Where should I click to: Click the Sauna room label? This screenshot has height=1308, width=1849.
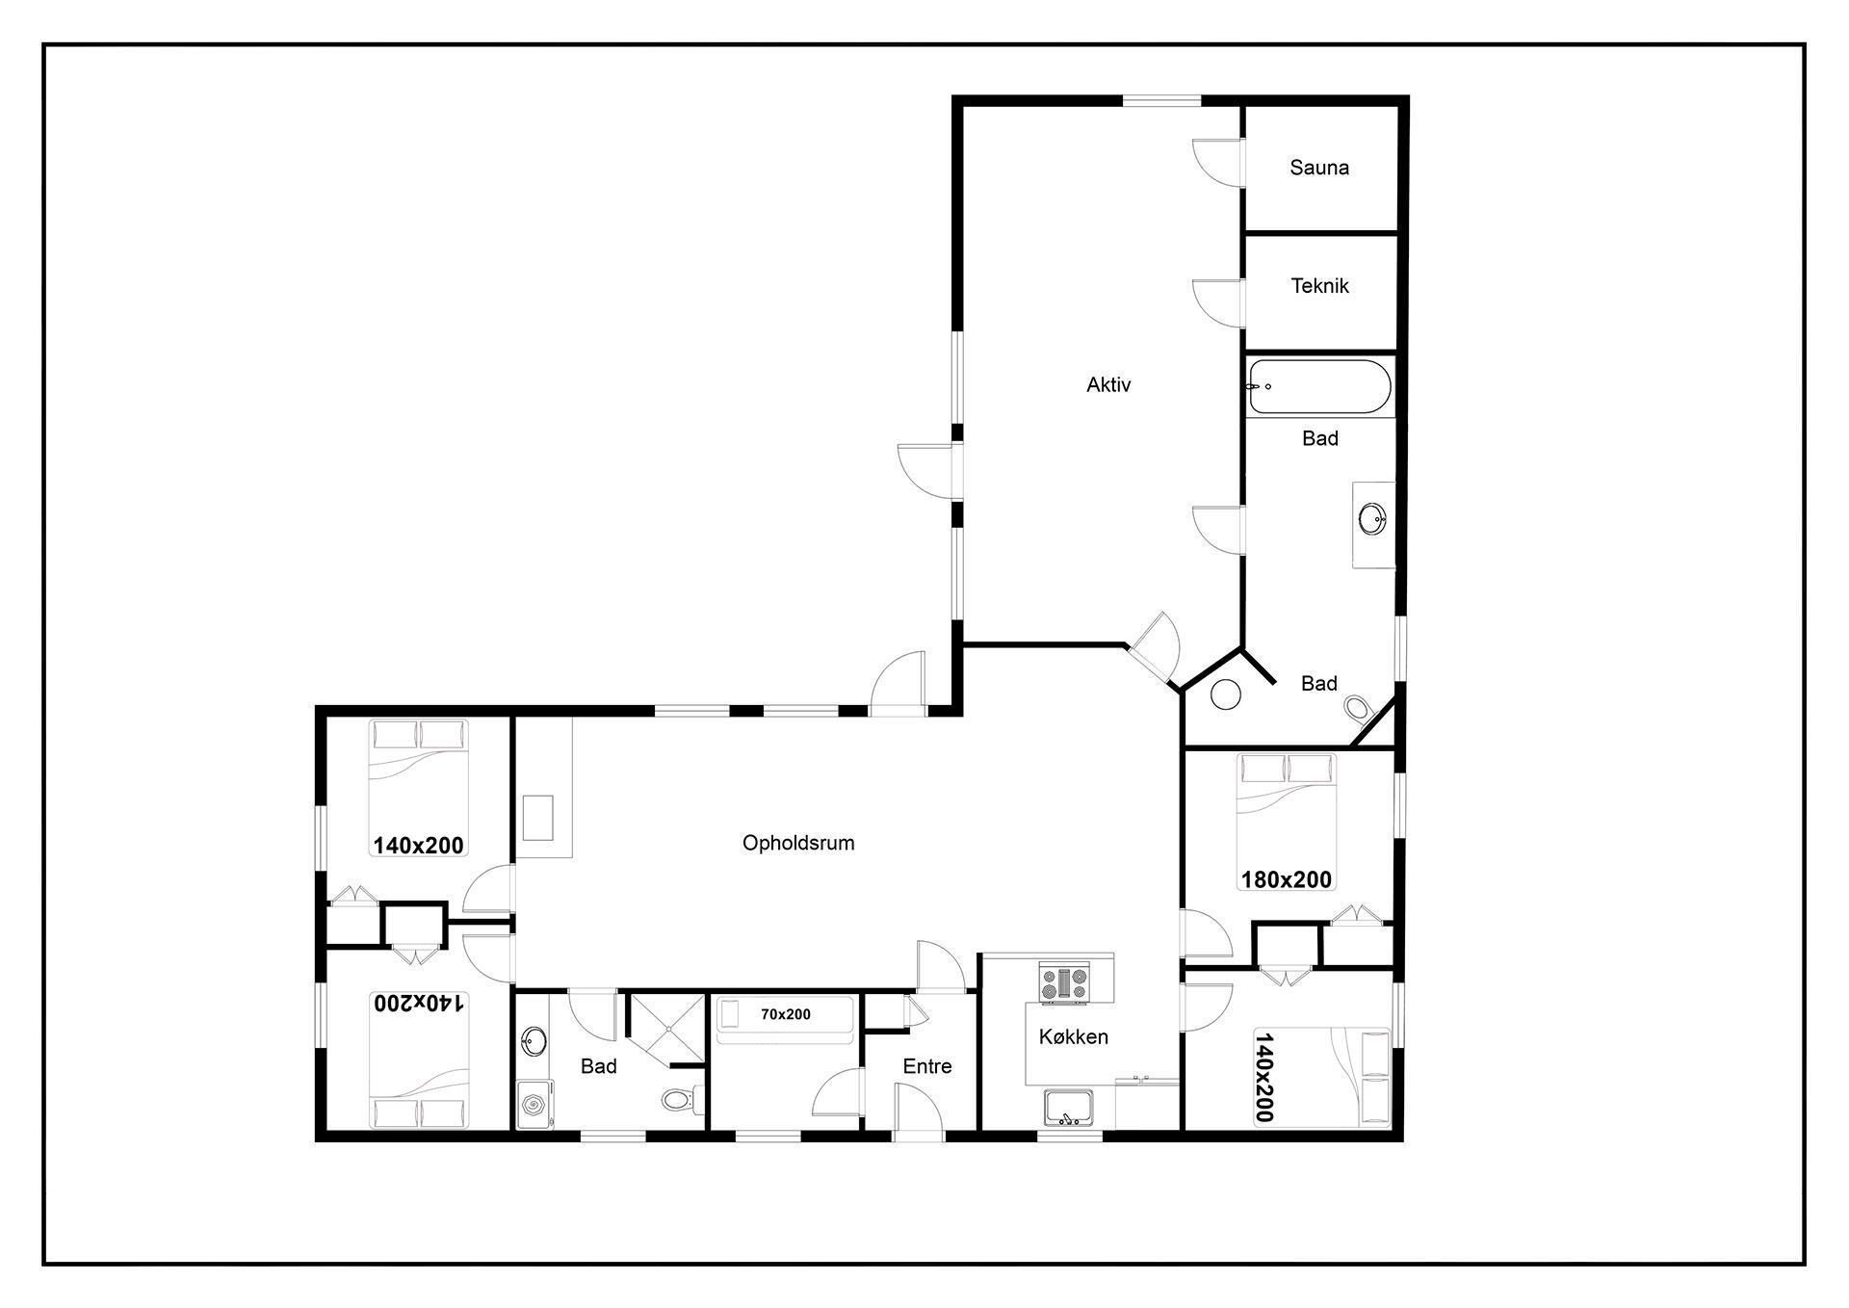[1319, 168]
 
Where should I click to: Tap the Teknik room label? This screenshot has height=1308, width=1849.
[1319, 286]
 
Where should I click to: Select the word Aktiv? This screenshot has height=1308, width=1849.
[1108, 385]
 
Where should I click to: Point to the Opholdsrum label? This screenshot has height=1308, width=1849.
[798, 844]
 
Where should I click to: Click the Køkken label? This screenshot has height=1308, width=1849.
[1073, 1037]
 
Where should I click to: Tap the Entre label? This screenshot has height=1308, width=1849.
[927, 1066]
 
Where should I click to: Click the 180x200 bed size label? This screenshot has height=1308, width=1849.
[1286, 879]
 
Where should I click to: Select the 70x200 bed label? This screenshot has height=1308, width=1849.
[786, 1014]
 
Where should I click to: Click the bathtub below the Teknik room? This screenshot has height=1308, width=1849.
[1319, 386]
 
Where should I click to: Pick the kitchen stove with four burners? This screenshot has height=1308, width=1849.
[1063, 982]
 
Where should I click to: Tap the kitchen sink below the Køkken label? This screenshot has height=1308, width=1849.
[1069, 1108]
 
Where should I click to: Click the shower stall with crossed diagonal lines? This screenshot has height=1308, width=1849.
[666, 1030]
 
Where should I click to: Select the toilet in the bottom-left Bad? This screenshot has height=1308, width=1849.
[684, 1100]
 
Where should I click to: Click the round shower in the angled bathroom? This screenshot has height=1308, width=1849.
[1225, 694]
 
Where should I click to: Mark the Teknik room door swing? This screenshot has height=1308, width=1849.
[1217, 301]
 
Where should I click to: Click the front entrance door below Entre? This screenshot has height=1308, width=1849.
[917, 1110]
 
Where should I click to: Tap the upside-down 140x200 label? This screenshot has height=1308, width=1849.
[419, 1003]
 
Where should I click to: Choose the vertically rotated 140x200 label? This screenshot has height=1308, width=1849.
[1264, 1078]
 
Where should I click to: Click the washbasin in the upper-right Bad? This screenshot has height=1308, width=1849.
[1372, 520]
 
